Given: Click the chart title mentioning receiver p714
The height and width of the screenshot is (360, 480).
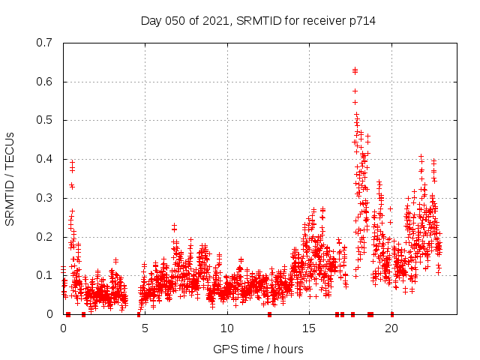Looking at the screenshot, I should [258, 21].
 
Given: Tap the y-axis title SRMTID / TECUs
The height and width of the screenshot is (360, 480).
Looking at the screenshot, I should [10, 178].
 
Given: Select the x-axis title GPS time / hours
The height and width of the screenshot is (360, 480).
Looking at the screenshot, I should [258, 349].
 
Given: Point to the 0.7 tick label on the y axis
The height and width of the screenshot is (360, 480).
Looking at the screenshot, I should [46, 43].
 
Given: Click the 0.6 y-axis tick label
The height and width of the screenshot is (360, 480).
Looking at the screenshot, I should [46, 82].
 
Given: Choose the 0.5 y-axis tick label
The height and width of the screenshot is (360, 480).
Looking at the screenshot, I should [46, 120].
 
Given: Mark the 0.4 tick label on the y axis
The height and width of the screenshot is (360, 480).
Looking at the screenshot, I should [46, 159].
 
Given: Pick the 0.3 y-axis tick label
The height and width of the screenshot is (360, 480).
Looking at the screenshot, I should [46, 198].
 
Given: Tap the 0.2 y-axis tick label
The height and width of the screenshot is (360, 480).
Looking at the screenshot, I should [46, 237].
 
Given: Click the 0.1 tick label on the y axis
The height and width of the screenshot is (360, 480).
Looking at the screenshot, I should [46, 275].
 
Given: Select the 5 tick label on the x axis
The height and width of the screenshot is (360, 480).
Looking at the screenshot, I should [145, 328].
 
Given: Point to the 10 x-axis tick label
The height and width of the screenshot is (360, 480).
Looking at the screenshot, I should [227, 328].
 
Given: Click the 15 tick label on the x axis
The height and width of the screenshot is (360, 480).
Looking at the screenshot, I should [309, 328].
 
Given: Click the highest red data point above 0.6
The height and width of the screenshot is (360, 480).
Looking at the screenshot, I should [355, 70].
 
